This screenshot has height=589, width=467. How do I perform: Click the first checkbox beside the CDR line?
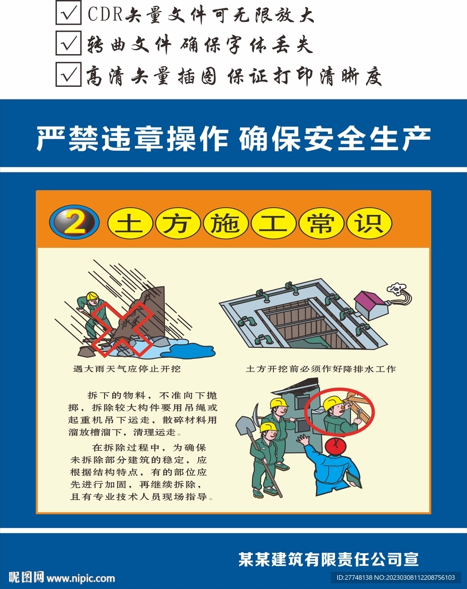coord(68,13)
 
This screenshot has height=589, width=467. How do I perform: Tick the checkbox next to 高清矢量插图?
coord(68,74)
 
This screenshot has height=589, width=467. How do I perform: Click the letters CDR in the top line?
coord(105,14)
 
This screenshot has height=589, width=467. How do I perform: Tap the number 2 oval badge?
coord(74,223)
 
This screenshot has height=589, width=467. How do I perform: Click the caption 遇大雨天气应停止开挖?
coord(127,369)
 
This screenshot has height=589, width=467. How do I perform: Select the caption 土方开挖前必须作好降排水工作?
coord(321,369)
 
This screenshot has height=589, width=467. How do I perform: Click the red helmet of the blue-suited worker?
coord(335,446)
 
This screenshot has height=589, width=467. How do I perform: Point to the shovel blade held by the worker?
coord(245,425)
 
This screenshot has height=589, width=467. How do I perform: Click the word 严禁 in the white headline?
coord(67,139)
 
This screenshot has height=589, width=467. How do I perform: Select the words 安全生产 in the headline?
coord(367,139)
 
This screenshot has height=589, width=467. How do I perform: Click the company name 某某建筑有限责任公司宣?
coord(329,559)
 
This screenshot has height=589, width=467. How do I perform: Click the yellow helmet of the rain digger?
coord(92,296)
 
